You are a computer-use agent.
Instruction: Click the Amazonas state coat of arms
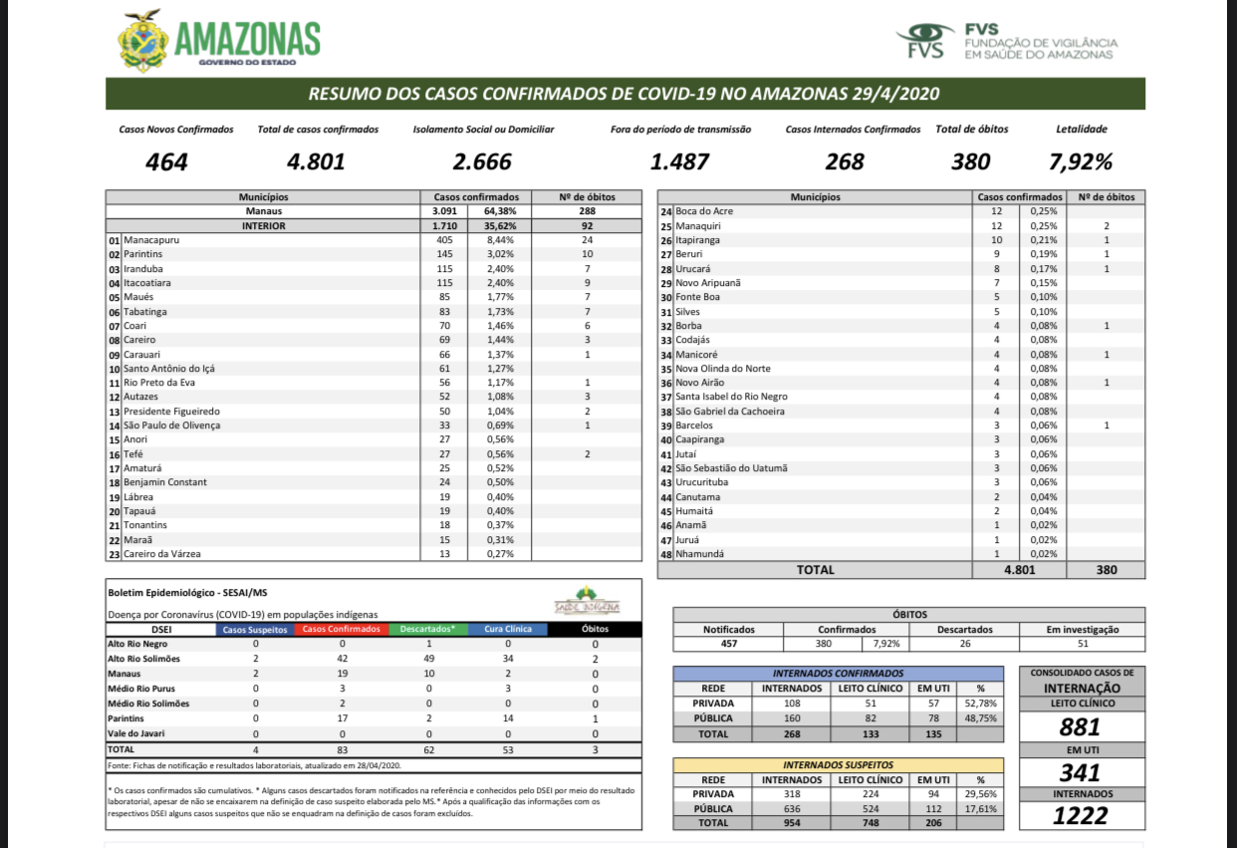tap(142, 41)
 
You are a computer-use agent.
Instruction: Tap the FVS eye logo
tap(925, 40)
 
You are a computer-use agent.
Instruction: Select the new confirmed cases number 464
tap(166, 161)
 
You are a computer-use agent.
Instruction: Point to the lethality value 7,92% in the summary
tap(1081, 161)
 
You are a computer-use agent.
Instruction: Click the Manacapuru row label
tap(151, 240)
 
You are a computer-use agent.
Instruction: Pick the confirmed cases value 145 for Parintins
tap(444, 254)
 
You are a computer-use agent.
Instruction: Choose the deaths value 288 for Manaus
tap(587, 211)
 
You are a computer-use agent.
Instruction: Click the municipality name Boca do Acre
tap(704, 211)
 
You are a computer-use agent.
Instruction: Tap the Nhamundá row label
tap(699, 554)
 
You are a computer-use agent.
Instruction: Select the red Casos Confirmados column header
tap(342, 629)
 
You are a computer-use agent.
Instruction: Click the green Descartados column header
tap(428, 629)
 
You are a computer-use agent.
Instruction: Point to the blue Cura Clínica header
tap(508, 629)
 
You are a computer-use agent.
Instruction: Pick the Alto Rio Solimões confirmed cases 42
tap(343, 659)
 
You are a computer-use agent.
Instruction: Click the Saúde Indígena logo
tap(587, 601)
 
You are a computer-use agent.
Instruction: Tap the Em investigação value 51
tap(1083, 644)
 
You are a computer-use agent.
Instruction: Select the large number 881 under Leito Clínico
tap(1081, 727)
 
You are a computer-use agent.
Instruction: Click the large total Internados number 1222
tap(1081, 816)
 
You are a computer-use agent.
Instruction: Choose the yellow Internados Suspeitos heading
tap(838, 765)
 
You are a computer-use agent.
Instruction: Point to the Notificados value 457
tap(728, 644)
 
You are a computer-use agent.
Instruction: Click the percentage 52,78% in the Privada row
tap(981, 704)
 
